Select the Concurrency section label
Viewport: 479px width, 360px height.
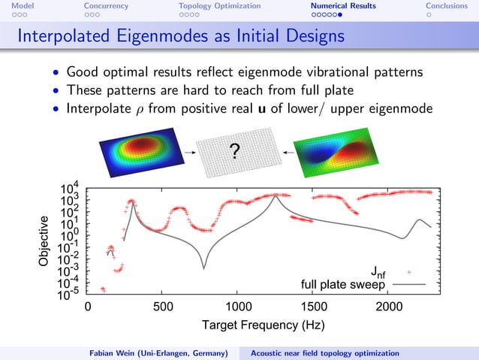coord(106,6)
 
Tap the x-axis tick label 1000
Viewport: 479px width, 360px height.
coord(238,307)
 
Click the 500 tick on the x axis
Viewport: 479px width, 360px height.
coord(163,307)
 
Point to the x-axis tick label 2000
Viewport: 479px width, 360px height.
coord(389,307)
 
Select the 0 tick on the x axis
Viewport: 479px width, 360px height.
coord(88,307)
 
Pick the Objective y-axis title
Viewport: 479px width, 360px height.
coord(45,241)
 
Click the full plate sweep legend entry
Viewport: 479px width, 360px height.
coord(342,285)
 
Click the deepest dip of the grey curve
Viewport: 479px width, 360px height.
coord(203,268)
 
